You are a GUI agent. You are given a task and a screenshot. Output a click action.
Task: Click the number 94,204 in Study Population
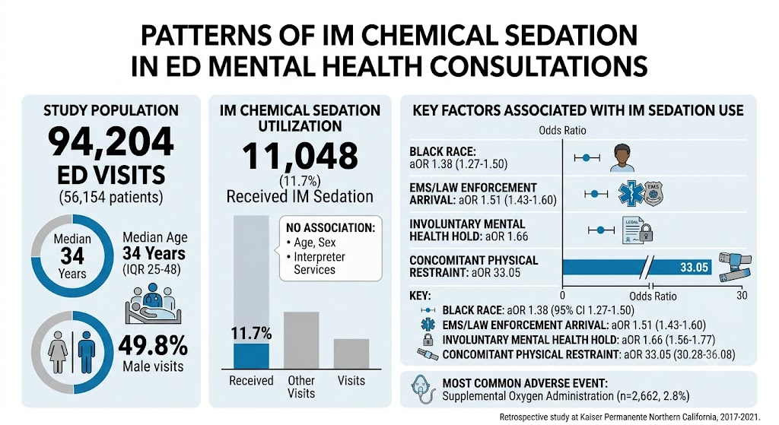point(111,142)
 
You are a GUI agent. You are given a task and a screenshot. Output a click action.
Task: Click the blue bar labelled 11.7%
point(251,356)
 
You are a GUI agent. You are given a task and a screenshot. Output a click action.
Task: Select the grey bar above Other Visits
point(301,340)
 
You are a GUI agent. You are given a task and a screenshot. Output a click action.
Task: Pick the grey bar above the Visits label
point(351,354)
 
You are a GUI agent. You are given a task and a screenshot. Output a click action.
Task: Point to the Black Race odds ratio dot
point(587,158)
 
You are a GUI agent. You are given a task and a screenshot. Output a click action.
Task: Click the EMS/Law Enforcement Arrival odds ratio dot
point(595,194)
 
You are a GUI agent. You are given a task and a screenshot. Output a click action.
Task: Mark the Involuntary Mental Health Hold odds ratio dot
point(601,230)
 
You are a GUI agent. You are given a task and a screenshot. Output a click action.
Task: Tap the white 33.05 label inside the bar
point(694,268)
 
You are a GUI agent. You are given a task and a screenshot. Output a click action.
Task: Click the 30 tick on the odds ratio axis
point(742,296)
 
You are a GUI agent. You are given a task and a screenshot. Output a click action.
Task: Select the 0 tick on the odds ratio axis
point(562,296)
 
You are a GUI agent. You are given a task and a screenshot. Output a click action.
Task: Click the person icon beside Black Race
point(622,158)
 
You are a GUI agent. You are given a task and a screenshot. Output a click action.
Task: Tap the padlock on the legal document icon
point(645,233)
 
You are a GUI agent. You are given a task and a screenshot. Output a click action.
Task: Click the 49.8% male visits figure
point(153,346)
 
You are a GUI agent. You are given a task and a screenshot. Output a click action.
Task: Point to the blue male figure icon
point(87,352)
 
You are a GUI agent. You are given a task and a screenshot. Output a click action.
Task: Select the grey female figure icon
point(58,352)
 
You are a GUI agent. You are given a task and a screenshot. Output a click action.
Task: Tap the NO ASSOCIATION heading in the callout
point(330,228)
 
